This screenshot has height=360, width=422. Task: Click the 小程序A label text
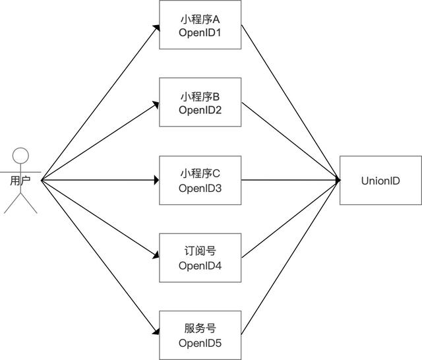(200, 19)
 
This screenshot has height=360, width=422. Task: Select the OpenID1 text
(200, 32)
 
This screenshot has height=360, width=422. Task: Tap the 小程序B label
(200, 96)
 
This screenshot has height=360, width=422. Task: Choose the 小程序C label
(200, 174)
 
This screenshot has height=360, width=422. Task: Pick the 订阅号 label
(200, 251)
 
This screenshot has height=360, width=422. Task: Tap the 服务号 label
(200, 328)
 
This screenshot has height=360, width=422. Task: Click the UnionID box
(380, 180)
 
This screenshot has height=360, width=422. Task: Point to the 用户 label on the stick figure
(20, 180)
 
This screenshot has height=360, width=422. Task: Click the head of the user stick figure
(21, 157)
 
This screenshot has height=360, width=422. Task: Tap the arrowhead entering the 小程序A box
(156, 28)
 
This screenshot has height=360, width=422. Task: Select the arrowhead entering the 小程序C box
(156, 180)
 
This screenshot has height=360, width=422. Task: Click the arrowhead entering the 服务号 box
(156, 332)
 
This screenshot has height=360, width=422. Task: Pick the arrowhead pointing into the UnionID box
(336, 180)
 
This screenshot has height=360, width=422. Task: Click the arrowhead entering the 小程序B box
(156, 104)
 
